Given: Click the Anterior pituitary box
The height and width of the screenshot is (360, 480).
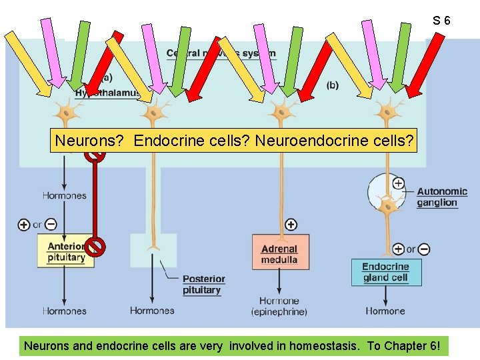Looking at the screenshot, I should [65, 251].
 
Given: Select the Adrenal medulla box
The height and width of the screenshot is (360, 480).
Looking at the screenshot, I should [280, 252].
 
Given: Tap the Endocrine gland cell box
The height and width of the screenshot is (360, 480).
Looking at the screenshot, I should [386, 272].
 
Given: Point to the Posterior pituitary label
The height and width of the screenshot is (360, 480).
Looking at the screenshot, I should [203, 285].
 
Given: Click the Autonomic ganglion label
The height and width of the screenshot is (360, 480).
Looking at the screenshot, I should [442, 197].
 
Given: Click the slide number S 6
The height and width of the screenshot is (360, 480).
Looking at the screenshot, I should [441, 21].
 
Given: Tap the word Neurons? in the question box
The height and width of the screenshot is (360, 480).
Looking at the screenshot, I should [91, 141].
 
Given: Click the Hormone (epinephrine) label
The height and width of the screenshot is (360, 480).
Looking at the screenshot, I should [279, 307].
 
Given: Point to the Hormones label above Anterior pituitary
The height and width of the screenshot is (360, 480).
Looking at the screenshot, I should [65, 195].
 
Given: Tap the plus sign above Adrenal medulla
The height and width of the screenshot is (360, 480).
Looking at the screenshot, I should [291, 225].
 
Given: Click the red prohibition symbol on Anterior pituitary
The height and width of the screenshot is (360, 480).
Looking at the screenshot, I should [96, 247].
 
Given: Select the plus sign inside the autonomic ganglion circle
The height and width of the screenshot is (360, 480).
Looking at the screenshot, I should [398, 183].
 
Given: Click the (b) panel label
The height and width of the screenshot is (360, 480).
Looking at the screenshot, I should [333, 85].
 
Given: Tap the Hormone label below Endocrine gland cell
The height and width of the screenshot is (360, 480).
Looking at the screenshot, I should [385, 311].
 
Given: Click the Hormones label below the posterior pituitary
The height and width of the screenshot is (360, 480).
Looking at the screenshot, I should [152, 311].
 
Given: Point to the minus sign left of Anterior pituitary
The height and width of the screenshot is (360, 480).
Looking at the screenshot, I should [51, 225].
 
